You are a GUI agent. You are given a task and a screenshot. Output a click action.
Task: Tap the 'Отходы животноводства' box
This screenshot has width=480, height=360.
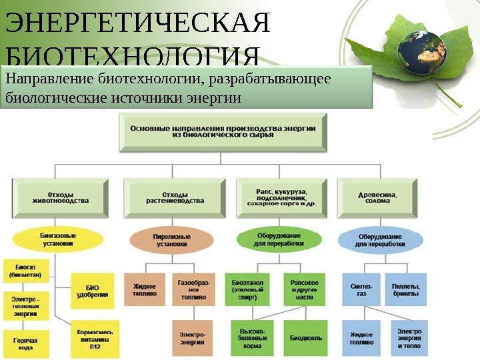point(60,197)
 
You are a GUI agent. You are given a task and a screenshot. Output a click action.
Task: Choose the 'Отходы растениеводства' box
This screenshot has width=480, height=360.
point(174,197)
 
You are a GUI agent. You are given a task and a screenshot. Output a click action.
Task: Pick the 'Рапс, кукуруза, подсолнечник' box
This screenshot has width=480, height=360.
point(286,197)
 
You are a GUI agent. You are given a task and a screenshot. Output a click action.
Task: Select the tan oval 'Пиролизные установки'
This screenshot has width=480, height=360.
point(172,240)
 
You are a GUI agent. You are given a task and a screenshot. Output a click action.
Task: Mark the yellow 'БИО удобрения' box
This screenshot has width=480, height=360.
point(87,289)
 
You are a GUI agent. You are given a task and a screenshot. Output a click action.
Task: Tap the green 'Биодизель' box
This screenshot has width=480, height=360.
point(306,338)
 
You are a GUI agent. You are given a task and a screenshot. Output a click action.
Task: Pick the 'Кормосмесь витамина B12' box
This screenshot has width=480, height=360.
point(95,339)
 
